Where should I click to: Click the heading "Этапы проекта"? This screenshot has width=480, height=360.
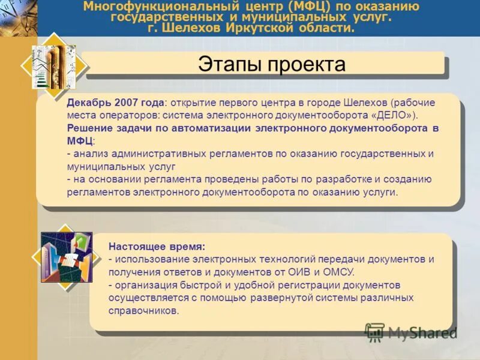[272, 64]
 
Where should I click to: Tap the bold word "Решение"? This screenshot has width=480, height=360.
[89, 128]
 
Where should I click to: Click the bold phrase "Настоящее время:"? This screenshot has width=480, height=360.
[157, 247]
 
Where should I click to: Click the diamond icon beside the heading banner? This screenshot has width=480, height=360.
[53, 66]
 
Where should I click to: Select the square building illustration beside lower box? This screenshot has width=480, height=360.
[67, 257]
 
